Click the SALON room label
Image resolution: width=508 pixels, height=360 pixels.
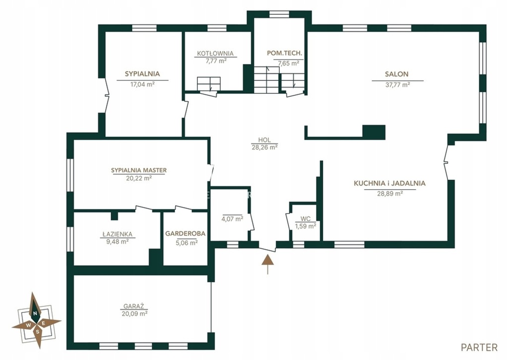396,74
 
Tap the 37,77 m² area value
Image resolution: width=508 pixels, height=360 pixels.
397,85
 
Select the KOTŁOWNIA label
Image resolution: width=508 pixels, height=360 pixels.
215,54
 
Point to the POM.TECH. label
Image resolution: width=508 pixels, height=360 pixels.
284,53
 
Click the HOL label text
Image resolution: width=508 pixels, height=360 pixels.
264,140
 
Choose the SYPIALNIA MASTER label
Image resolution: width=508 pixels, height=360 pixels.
139,170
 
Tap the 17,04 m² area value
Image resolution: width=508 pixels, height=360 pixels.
142,84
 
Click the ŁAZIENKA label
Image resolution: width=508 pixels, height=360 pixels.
117,234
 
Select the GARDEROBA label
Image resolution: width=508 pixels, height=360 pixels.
186,233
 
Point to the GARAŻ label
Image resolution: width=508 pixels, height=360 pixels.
133,306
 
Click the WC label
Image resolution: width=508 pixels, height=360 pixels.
306,219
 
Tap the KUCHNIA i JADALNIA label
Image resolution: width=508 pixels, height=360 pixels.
389,183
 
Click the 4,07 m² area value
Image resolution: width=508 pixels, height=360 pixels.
233,219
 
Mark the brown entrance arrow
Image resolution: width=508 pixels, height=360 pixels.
267,264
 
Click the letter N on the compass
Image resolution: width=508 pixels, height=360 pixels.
34,313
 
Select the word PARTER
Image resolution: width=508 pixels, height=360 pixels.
479,348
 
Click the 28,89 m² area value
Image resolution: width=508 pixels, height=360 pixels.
390,194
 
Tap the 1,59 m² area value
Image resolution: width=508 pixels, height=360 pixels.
306,226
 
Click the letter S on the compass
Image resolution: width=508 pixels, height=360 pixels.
38,332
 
